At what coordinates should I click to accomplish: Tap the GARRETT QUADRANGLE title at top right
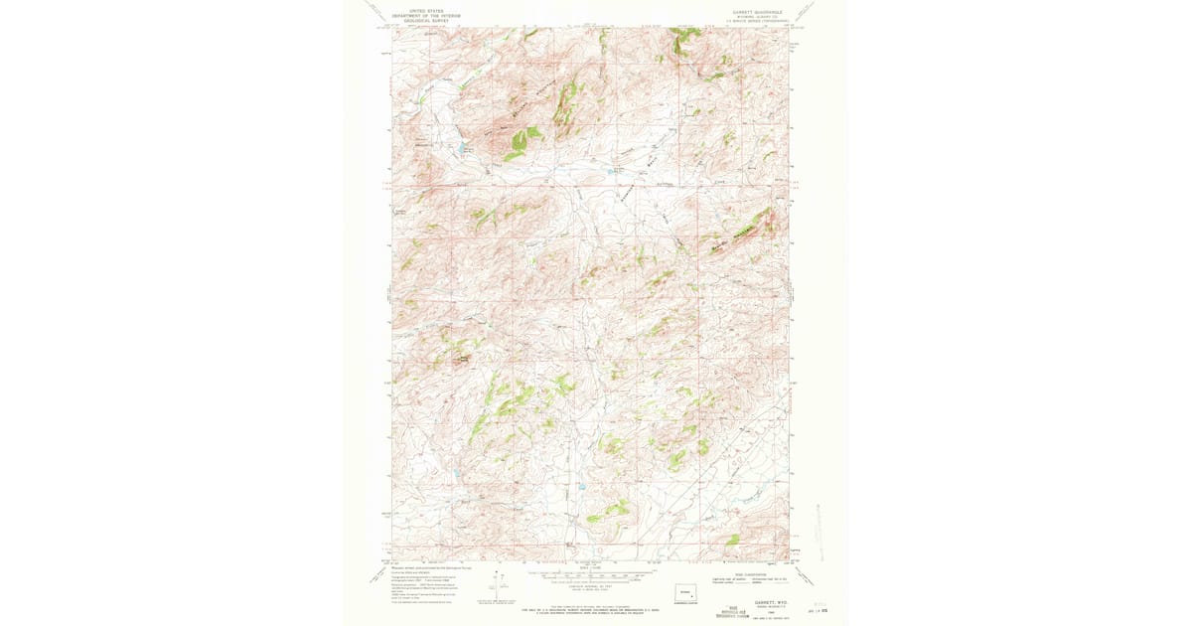pos(758,13)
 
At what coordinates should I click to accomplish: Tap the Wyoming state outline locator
pos(685,592)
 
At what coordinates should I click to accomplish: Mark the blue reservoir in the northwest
pos(461,149)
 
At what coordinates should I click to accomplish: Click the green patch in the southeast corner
pos(732,540)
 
